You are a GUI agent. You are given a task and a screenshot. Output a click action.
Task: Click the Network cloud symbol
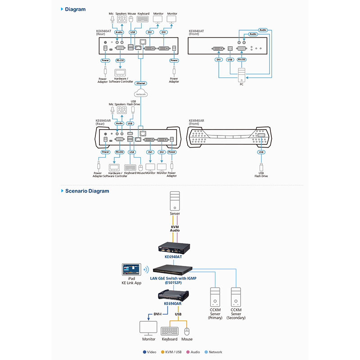(x=141, y=94)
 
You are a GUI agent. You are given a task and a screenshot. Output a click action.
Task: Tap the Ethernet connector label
(x=141, y=83)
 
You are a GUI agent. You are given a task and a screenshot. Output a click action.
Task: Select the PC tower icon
(x=241, y=74)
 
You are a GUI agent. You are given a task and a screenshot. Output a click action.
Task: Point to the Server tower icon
(x=175, y=202)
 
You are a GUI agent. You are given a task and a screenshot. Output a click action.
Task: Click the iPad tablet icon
(x=131, y=270)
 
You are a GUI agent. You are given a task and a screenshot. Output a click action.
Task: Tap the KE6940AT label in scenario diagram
(x=173, y=256)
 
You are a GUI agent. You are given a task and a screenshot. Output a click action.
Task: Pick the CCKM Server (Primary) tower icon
(x=215, y=297)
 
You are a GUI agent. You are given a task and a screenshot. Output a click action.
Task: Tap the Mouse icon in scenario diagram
(x=187, y=331)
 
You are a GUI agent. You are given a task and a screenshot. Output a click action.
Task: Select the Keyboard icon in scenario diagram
(x=169, y=331)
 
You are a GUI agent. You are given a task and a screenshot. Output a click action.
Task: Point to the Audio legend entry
(x=193, y=352)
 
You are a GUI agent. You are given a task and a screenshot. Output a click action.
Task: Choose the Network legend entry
(x=213, y=352)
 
